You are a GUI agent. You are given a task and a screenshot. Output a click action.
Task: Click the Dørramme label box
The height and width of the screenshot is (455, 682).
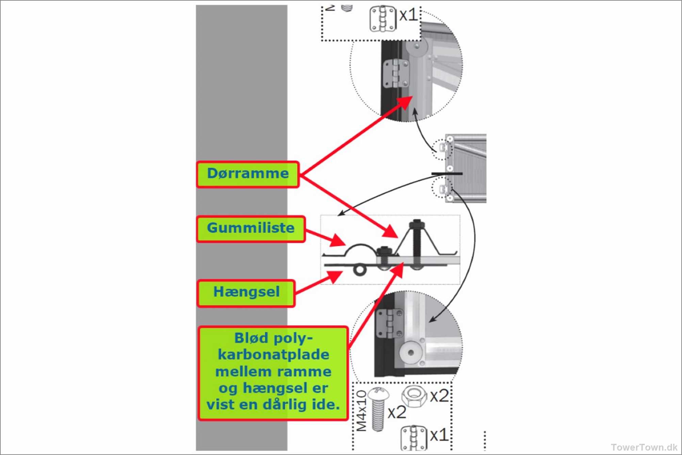click(248, 175)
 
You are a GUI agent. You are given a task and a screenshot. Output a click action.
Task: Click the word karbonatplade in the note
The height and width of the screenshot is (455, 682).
click(274, 355)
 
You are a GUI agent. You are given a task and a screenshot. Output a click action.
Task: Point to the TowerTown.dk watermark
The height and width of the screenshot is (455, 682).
click(644, 447)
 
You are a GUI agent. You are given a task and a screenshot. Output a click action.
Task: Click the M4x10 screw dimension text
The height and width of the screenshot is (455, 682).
click(361, 410)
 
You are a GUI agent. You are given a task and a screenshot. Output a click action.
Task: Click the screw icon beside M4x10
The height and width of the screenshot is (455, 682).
click(378, 409)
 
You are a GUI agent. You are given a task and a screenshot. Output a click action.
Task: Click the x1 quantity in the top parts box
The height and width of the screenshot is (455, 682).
click(408, 15)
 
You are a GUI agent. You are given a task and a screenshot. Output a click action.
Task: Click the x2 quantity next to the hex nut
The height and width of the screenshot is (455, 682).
click(439, 396)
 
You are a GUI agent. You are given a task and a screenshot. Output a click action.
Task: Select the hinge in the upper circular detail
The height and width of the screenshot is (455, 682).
click(396, 74)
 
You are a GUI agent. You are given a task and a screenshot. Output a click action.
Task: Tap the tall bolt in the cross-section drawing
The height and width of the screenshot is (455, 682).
click(416, 245)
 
